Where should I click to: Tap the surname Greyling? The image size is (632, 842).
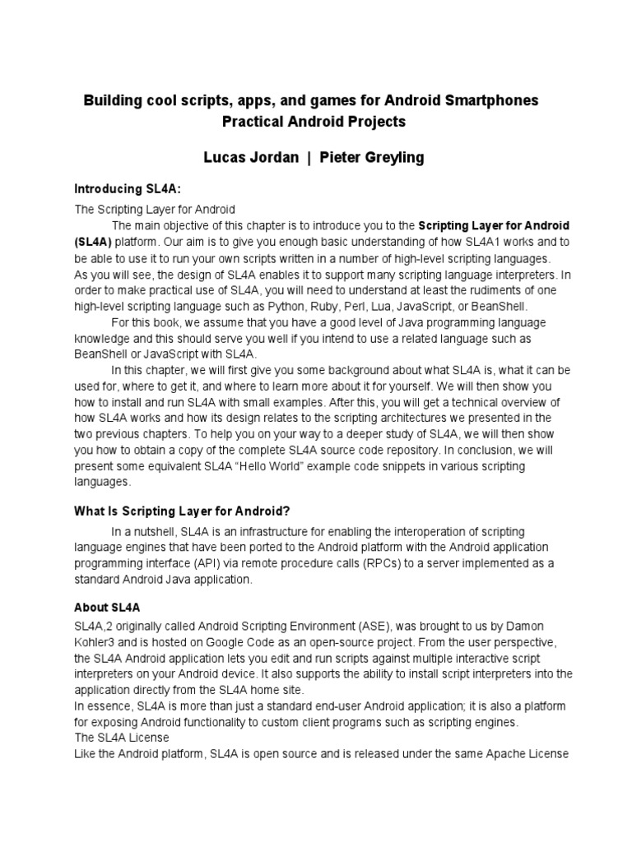[x=389, y=157]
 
